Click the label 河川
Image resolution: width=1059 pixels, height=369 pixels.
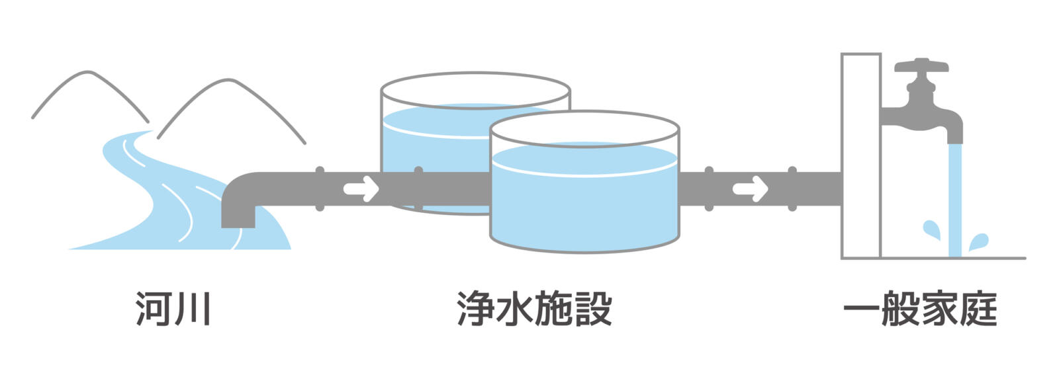click(173, 309)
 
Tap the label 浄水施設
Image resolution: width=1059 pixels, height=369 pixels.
click(534, 309)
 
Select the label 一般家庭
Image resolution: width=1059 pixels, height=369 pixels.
click(921, 309)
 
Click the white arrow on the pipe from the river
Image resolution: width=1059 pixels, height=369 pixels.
click(361, 189)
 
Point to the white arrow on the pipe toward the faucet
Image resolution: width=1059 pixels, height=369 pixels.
click(750, 189)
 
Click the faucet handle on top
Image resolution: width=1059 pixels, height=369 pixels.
click(921, 66)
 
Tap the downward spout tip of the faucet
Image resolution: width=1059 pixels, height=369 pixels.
click(954, 138)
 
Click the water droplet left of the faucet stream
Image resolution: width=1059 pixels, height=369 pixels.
click(932, 229)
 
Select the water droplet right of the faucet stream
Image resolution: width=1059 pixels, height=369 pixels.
click(978, 242)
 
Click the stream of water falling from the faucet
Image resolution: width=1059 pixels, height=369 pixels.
click(954, 198)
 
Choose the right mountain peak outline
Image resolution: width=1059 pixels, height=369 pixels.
click(230, 81)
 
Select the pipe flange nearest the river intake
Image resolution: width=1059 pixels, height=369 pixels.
click(320, 189)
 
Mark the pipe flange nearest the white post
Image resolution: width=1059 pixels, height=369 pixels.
click(792, 189)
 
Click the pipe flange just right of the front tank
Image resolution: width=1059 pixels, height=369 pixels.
click(709, 189)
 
